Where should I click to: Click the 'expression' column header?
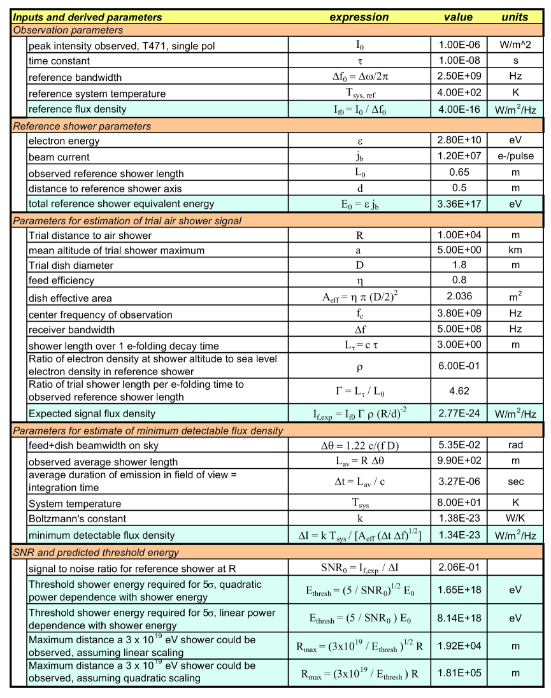click(359, 17)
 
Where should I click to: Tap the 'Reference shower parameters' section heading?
click(82, 126)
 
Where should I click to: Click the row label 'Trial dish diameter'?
click(71, 265)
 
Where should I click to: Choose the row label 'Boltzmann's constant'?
click(77, 518)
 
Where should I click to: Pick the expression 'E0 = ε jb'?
click(359, 204)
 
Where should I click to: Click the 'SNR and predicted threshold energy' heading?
click(96, 552)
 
